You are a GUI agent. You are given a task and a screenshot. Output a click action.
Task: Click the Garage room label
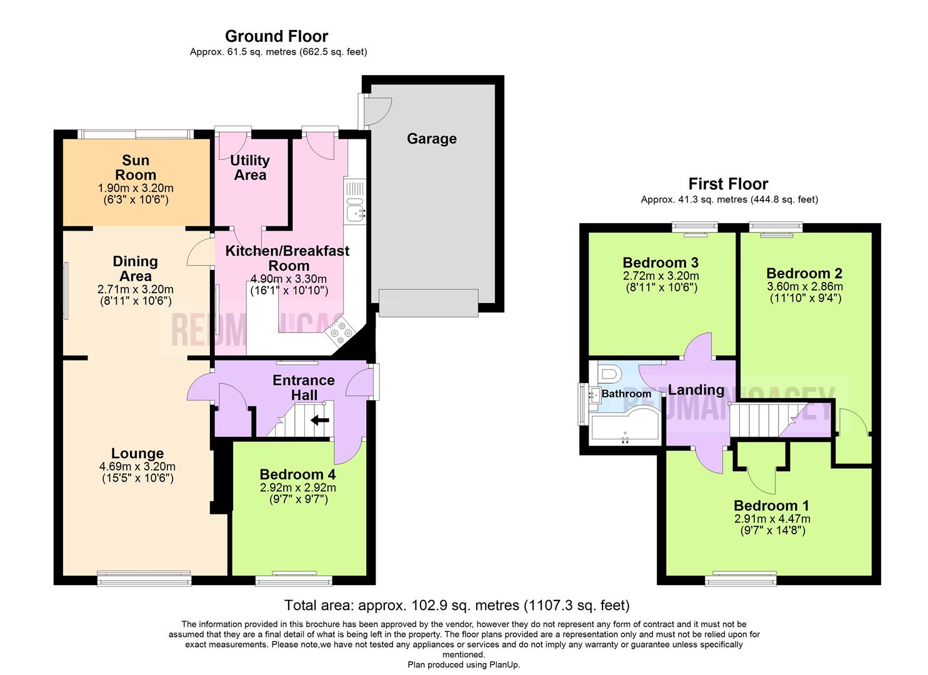431,139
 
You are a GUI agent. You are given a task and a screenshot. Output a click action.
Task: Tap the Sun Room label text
136,168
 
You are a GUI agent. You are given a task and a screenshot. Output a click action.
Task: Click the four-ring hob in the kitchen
341,332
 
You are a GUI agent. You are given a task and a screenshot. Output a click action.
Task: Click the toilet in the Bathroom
609,374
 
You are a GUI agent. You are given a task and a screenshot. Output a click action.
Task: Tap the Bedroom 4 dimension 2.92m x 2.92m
297,487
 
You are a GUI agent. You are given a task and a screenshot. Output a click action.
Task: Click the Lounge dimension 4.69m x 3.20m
137,466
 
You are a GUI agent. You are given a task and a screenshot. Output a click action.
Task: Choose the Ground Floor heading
276,36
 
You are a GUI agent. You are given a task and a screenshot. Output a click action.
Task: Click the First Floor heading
728,184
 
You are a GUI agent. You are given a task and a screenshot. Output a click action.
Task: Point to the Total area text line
457,605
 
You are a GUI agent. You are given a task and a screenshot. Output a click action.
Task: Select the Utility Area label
250,167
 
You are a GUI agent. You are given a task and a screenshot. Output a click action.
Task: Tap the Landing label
696,390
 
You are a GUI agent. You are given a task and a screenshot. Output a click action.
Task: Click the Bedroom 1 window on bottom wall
742,580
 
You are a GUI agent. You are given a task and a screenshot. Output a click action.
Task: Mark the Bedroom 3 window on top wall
694,228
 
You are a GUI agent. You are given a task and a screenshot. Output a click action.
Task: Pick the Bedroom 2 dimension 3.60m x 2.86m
804,287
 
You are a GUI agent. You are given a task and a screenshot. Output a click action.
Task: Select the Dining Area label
136,269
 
